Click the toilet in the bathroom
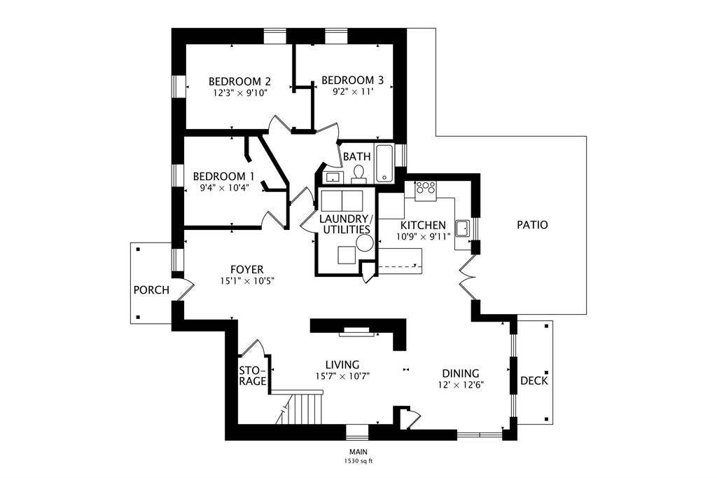[x=359, y=172]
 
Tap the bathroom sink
[x=332, y=176]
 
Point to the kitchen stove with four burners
[x=425, y=189]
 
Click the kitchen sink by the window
[x=462, y=228]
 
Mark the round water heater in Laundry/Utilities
[x=364, y=243]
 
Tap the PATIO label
[x=532, y=225]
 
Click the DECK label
[x=534, y=381]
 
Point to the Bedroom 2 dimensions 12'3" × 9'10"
[x=240, y=92]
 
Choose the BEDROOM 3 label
[x=352, y=80]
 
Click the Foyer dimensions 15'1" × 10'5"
[x=246, y=281]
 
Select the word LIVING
[x=342, y=364]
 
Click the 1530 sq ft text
[x=358, y=461]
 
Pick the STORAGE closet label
[x=253, y=376]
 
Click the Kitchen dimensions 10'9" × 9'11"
[x=423, y=236]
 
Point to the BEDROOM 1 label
[x=223, y=176]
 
